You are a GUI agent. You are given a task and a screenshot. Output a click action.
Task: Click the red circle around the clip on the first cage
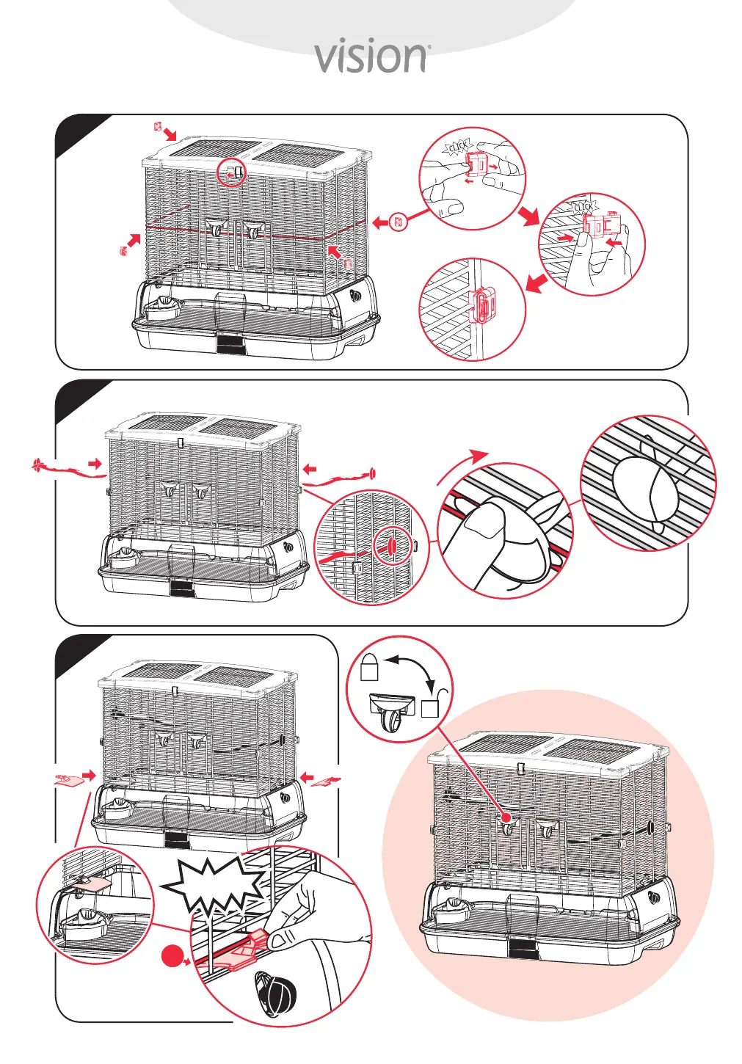coord(232,173)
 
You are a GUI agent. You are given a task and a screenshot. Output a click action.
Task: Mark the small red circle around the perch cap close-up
coord(390,546)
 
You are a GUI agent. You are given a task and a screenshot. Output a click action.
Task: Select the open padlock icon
coord(432,703)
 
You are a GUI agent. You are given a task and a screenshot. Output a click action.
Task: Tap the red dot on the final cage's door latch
coord(506,817)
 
